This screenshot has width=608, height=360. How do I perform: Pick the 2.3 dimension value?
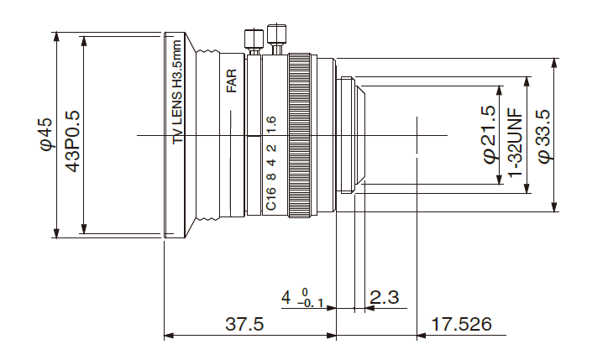pos(385,296)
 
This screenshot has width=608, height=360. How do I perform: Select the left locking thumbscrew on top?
pos(249,41)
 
